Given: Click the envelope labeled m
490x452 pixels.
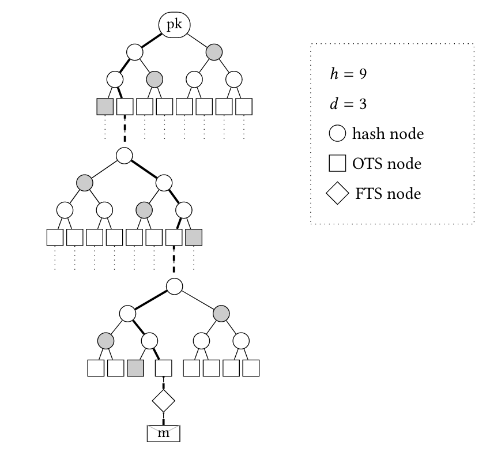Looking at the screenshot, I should (164, 432).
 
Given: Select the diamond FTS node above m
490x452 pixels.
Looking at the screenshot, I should (163, 399).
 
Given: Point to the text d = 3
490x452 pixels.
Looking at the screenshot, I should (345, 104).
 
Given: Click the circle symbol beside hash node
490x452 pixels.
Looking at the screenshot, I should (337, 134).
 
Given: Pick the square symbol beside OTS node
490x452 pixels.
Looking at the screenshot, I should (337, 164).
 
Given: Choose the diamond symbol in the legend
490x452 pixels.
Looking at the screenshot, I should (337, 194).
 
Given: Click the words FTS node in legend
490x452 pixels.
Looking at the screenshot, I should (388, 194).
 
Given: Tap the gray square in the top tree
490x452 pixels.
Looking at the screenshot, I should (105, 107).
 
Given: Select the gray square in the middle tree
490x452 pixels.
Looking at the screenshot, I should (194, 237).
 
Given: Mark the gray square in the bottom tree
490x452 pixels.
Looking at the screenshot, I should (135, 368).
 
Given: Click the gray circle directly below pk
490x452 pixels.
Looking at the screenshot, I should (214, 52).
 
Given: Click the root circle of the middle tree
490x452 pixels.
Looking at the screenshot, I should (125, 155).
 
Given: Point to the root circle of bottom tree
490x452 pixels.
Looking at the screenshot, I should (174, 286).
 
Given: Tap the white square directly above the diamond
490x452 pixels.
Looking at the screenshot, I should (164, 368).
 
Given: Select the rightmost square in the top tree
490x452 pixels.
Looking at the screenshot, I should (244, 107).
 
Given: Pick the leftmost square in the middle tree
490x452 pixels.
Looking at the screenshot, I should (55, 237).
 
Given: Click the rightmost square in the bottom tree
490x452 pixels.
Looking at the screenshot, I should (251, 368).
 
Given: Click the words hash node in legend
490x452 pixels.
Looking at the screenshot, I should (387, 134).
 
